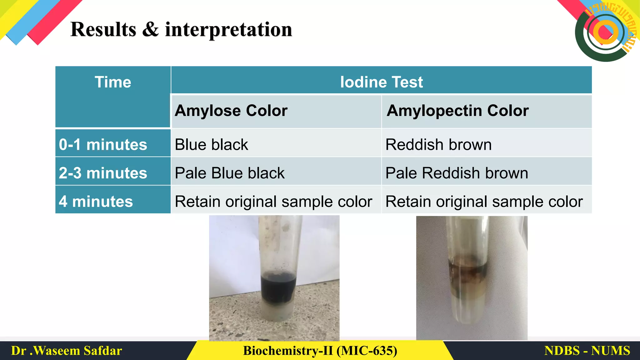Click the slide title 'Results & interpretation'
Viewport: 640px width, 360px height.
click(x=181, y=30)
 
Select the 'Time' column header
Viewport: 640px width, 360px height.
click(x=113, y=82)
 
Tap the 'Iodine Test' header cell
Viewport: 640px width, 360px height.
click(x=381, y=82)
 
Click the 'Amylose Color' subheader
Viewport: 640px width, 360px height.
click(x=231, y=111)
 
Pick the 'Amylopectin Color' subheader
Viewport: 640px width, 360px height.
click(x=457, y=111)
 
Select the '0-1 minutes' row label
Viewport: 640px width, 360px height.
click(x=103, y=145)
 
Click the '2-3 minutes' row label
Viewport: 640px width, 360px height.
click(x=103, y=173)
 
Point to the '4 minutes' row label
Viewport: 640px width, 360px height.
click(x=96, y=202)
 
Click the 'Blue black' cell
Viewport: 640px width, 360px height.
click(x=211, y=145)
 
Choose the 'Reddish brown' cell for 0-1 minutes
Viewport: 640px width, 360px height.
click(x=438, y=145)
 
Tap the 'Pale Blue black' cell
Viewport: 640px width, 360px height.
click(x=230, y=173)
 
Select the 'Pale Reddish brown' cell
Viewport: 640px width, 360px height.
click(x=457, y=173)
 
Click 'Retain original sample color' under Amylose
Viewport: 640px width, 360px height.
click(x=273, y=202)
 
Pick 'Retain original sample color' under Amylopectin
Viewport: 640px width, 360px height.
click(x=484, y=202)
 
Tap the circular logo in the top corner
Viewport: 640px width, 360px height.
click(x=605, y=32)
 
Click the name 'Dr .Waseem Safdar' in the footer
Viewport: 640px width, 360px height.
click(x=67, y=351)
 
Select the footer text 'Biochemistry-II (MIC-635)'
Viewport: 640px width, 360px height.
click(x=320, y=351)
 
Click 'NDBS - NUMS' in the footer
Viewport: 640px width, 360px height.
click(x=587, y=351)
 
